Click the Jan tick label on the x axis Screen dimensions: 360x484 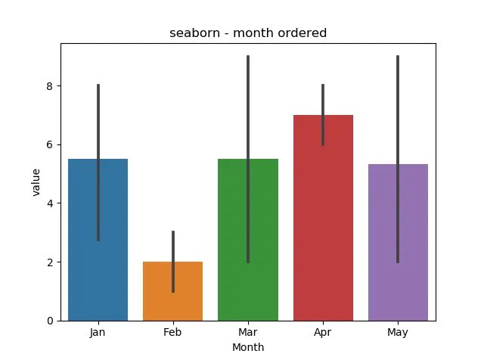pos(98,332)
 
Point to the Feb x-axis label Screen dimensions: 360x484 pos(173,332)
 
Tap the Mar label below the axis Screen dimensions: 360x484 pos(248,332)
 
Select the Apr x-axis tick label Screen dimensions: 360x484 pos(323,332)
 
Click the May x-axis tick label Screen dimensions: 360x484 pos(398,332)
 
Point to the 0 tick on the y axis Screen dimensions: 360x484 pos(49,321)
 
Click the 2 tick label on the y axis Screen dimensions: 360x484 pos(49,262)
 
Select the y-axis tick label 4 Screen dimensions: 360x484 pos(49,203)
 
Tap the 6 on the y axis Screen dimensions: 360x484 pos(49,144)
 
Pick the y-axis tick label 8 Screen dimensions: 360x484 pos(49,86)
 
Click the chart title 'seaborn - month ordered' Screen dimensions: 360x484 pos(247,33)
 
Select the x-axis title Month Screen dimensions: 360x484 pos(247,347)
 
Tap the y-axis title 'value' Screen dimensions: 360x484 pos(36,182)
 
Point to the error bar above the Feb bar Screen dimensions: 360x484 pos(173,246)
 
